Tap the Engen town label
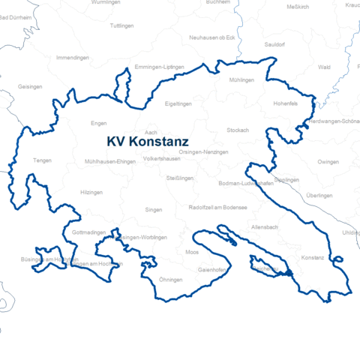click(98, 123)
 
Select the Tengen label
click(42, 160)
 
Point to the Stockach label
click(238, 130)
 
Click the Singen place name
click(153, 210)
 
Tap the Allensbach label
click(265, 226)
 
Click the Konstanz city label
click(312, 257)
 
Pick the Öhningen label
click(172, 279)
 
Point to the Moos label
click(192, 252)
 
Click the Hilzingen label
click(91, 192)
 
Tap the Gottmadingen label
click(89, 233)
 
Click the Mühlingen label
click(242, 79)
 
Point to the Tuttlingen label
click(121, 25)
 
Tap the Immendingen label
click(73, 58)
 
